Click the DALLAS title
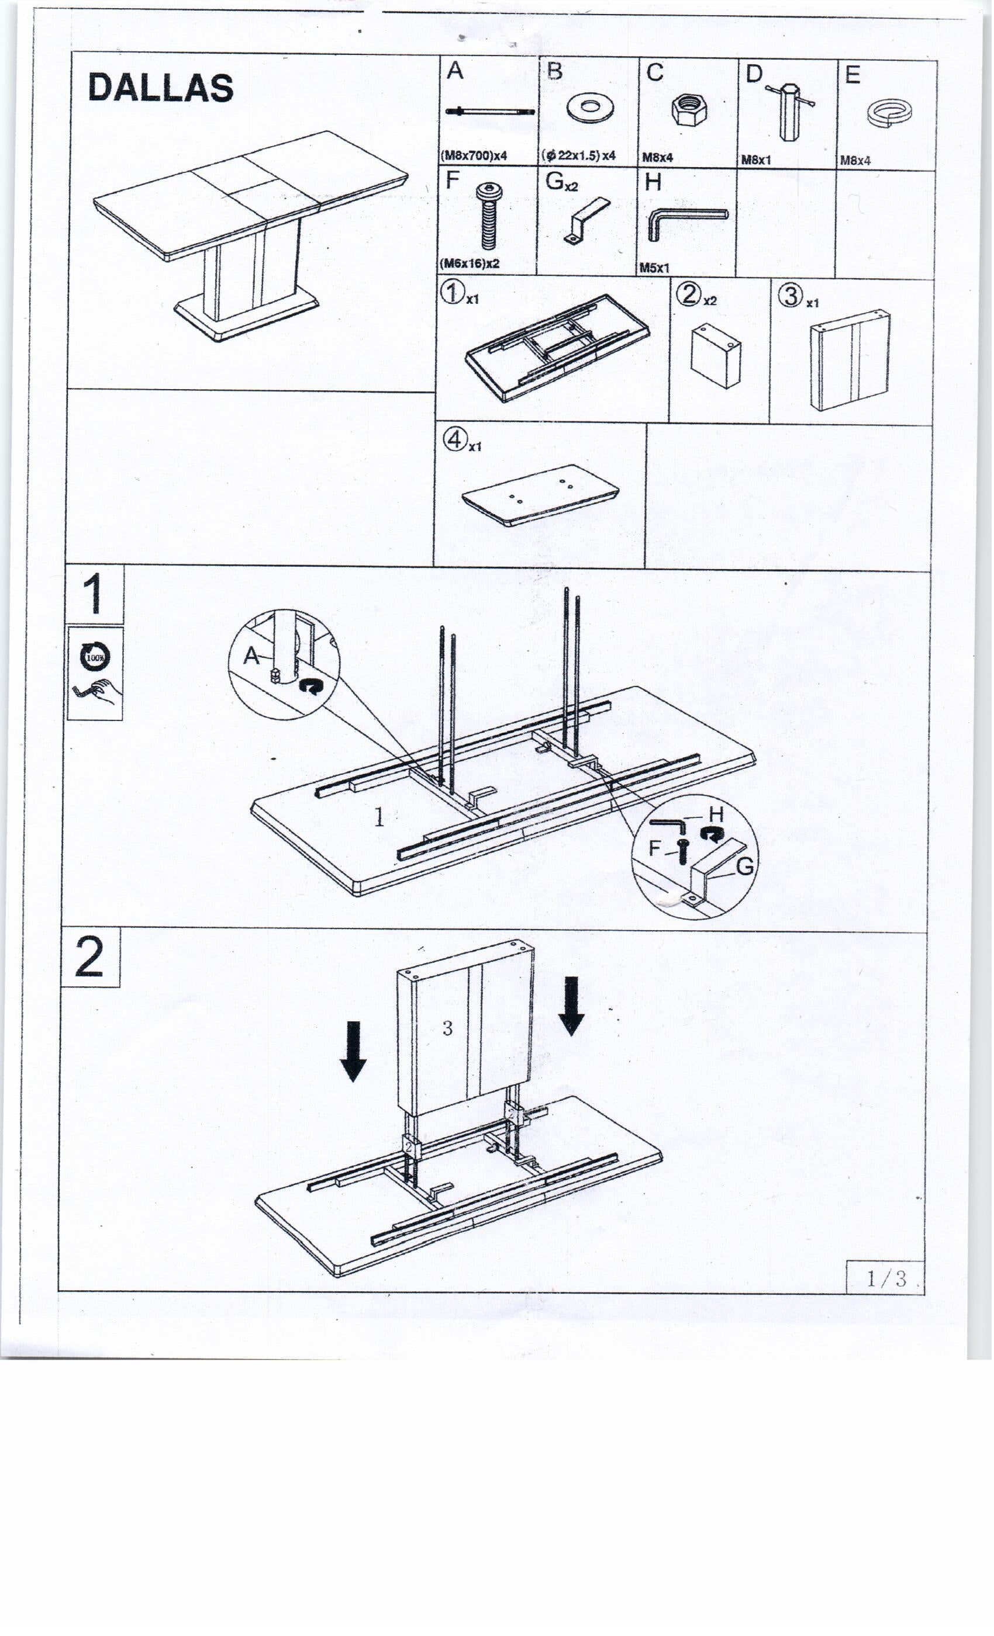[x=161, y=88]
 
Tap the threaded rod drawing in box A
[x=490, y=112]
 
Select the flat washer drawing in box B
[x=590, y=107]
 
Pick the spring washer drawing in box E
[x=889, y=113]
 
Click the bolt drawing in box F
[x=489, y=216]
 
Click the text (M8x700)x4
[x=474, y=155]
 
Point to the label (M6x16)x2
[x=471, y=263]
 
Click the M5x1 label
[x=654, y=268]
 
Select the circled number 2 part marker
[x=689, y=293]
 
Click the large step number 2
[x=89, y=957]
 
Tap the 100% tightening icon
[x=95, y=657]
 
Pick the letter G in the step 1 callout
[x=745, y=866]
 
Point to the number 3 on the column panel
[x=447, y=1028]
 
